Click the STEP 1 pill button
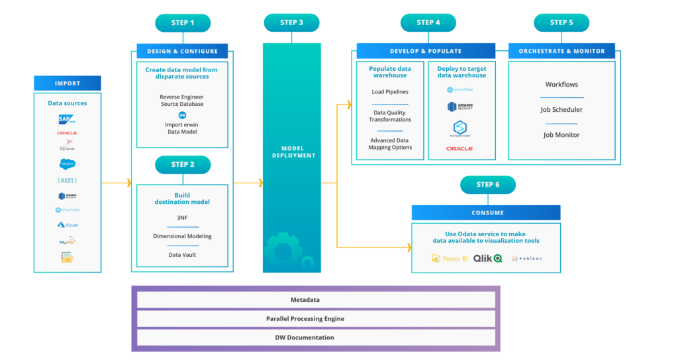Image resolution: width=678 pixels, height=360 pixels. click(x=183, y=23)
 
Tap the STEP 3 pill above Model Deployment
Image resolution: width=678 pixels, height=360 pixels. click(x=291, y=22)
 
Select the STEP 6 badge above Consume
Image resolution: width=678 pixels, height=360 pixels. click(x=487, y=185)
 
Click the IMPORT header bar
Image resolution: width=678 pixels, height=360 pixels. click(x=68, y=83)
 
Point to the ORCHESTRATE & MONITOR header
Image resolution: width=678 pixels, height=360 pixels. click(x=561, y=51)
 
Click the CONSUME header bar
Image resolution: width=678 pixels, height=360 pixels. click(x=485, y=212)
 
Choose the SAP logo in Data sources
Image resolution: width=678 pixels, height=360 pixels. click(x=67, y=119)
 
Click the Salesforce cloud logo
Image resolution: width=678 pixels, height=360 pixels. click(x=67, y=163)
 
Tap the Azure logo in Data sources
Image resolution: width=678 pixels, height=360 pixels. click(x=67, y=225)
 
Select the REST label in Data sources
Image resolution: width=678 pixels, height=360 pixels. click(x=67, y=180)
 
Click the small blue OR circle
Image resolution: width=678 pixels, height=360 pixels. click(x=182, y=114)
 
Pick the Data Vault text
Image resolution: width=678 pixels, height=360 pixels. click(x=182, y=254)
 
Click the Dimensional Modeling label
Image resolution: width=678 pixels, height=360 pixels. click(x=182, y=236)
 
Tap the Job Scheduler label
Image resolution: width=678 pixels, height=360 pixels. click(x=561, y=110)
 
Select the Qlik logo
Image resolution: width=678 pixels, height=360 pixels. click(x=487, y=258)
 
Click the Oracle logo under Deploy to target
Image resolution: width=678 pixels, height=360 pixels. click(x=460, y=149)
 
